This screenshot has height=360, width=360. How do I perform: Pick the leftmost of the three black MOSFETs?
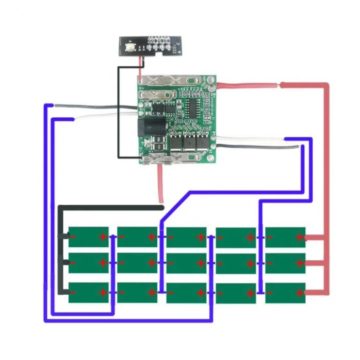[176, 140]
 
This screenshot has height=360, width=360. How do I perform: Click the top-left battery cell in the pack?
[88, 237]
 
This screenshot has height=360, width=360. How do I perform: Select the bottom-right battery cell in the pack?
[285, 293]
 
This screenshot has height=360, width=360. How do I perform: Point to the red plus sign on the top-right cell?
[299, 237]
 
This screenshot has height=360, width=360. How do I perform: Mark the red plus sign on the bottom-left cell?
[102, 293]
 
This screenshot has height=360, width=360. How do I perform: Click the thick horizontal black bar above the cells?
[111, 208]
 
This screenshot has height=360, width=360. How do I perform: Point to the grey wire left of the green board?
[93, 106]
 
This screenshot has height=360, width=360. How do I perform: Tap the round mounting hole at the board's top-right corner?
[210, 81]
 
